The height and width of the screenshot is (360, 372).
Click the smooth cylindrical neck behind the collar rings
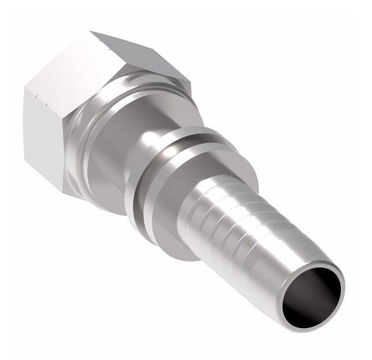coord(110,156)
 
